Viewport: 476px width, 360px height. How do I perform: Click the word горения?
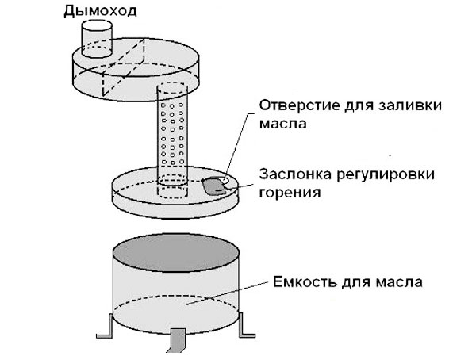point(284,191)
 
